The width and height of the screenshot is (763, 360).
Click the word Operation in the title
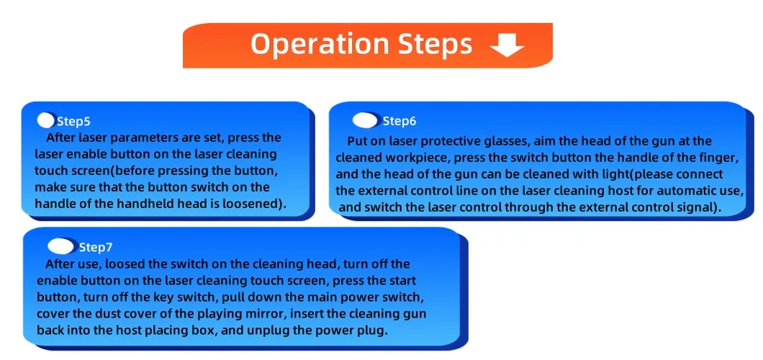pyautogui.click(x=319, y=45)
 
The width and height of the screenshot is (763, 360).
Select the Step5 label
pyautogui.click(x=73, y=122)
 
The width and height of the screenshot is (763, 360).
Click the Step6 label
pyautogui.click(x=399, y=122)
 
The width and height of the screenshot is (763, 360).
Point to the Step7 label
pyautogui.click(x=96, y=248)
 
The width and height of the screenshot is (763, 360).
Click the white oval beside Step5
pyautogui.click(x=46, y=121)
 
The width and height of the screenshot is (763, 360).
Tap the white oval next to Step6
pyautogui.click(x=365, y=121)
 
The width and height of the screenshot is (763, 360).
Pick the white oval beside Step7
pyautogui.click(x=61, y=246)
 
